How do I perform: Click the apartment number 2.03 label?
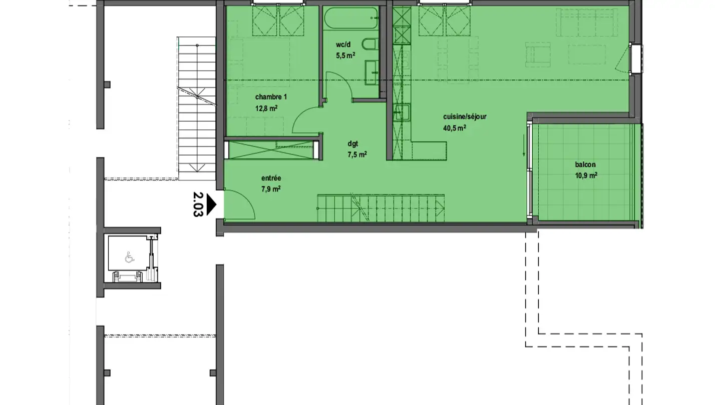pos(198,204)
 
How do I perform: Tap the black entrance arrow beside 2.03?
pos(211,204)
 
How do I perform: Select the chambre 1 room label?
pos(271,97)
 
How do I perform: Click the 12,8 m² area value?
pos(266,108)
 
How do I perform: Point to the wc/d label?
pos(343,44)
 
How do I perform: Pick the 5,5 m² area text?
pos(345,55)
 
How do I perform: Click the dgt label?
pos(353,144)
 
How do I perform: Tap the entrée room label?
pos(271,178)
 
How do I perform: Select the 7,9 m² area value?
pos(271,189)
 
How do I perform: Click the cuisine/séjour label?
pos(465,116)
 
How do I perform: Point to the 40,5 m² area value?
pos(455,128)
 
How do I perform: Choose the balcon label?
pos(585,164)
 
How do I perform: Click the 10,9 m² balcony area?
pos(586,175)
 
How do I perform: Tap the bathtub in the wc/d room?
pos(351,18)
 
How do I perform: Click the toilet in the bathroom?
pos(370,44)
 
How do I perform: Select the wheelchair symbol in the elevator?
pos(129,257)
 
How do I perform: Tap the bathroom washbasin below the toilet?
pos(372,73)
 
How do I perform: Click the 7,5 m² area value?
pos(357,155)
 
